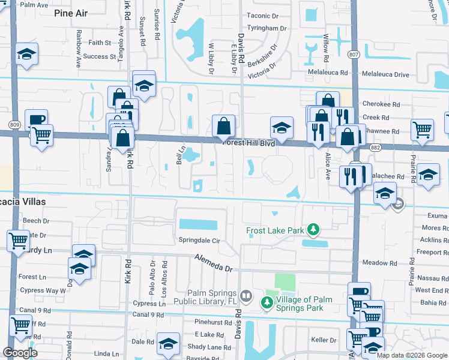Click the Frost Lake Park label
point(275,230)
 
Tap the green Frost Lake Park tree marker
point(312,230)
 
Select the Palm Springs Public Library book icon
point(246,296)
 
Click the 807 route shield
point(354,54)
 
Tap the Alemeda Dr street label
point(216,261)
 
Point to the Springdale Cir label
point(200,240)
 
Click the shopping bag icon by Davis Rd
point(223,126)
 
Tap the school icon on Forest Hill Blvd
point(282,127)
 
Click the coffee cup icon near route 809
point(36,119)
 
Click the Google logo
point(20,353)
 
